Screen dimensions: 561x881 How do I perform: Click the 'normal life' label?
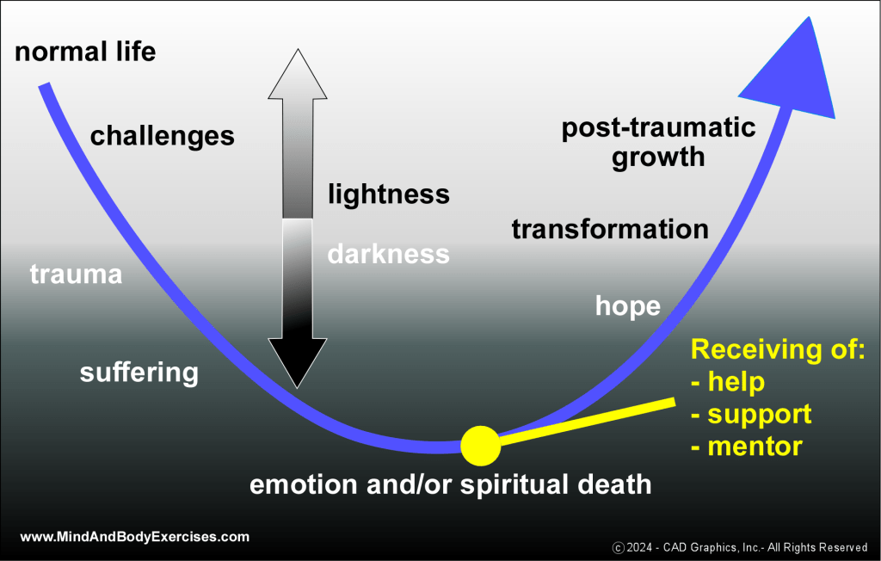click(x=85, y=52)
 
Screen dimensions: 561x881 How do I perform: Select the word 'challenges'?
click(x=162, y=135)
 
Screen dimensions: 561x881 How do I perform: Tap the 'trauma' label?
click(x=76, y=274)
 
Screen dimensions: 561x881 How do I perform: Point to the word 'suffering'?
click(x=139, y=373)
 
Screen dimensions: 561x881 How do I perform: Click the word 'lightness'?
click(x=388, y=194)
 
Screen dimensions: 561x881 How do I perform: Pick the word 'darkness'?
click(x=388, y=254)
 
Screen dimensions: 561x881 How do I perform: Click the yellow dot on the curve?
click(x=480, y=444)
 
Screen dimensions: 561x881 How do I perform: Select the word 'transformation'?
click(x=610, y=229)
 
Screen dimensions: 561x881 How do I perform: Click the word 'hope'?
click(x=628, y=305)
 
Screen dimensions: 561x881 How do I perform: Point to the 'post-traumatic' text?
click(x=658, y=128)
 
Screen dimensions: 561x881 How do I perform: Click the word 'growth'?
click(x=658, y=157)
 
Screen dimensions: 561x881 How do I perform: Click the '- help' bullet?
click(x=728, y=381)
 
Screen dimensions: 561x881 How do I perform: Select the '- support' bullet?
click(x=751, y=414)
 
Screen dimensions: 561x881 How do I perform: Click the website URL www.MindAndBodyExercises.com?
click(x=134, y=537)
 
